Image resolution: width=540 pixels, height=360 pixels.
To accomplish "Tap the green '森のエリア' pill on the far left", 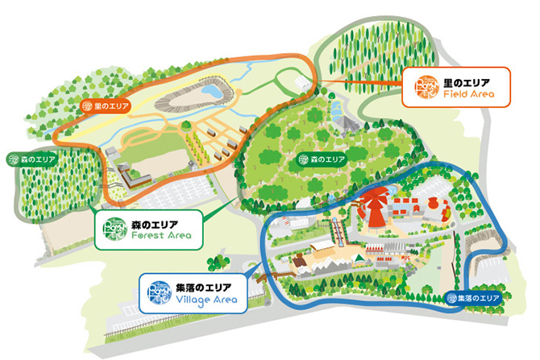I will click(x=30, y=159).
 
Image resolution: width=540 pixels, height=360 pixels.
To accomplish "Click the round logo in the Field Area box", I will click(x=423, y=87).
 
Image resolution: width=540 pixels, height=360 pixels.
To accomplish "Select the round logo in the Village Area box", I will click(x=157, y=292).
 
